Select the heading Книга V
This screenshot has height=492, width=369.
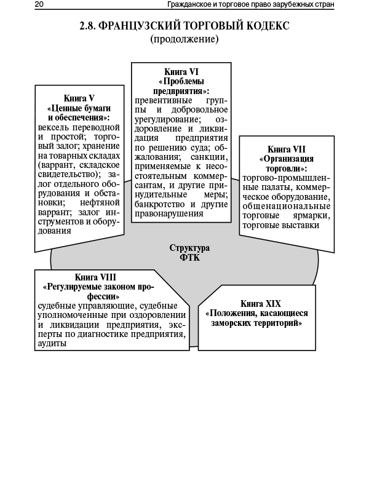pos(79,98)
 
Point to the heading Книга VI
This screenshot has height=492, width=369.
pos(181,72)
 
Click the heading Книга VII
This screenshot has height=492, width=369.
pos(287,149)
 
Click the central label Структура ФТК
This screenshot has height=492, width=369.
pos(189,253)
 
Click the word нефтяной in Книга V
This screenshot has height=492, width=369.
pos(102,202)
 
